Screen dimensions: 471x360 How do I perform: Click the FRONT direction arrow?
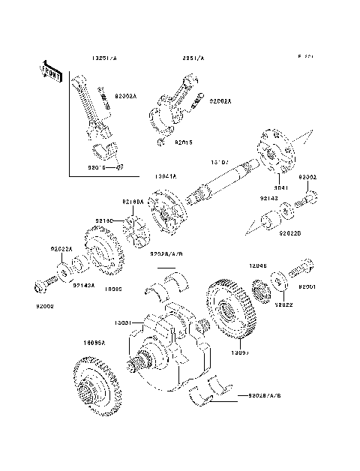tap(52, 72)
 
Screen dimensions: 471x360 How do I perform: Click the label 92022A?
tap(61, 249)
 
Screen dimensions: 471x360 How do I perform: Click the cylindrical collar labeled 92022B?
tap(267, 224)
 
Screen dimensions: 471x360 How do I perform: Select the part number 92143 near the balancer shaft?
tap(270, 199)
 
